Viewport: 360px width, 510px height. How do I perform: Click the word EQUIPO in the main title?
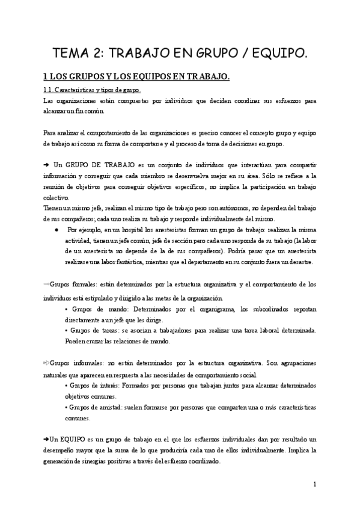pyautogui.click(x=274, y=53)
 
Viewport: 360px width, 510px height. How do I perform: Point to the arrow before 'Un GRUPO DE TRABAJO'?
pyautogui.click(x=47, y=164)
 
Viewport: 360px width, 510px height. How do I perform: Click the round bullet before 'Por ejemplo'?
pyautogui.click(x=55, y=230)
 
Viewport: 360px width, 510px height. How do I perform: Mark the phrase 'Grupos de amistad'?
pyautogui.click(x=94, y=407)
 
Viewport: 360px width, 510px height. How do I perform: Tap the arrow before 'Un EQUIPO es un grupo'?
pyautogui.click(x=47, y=439)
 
